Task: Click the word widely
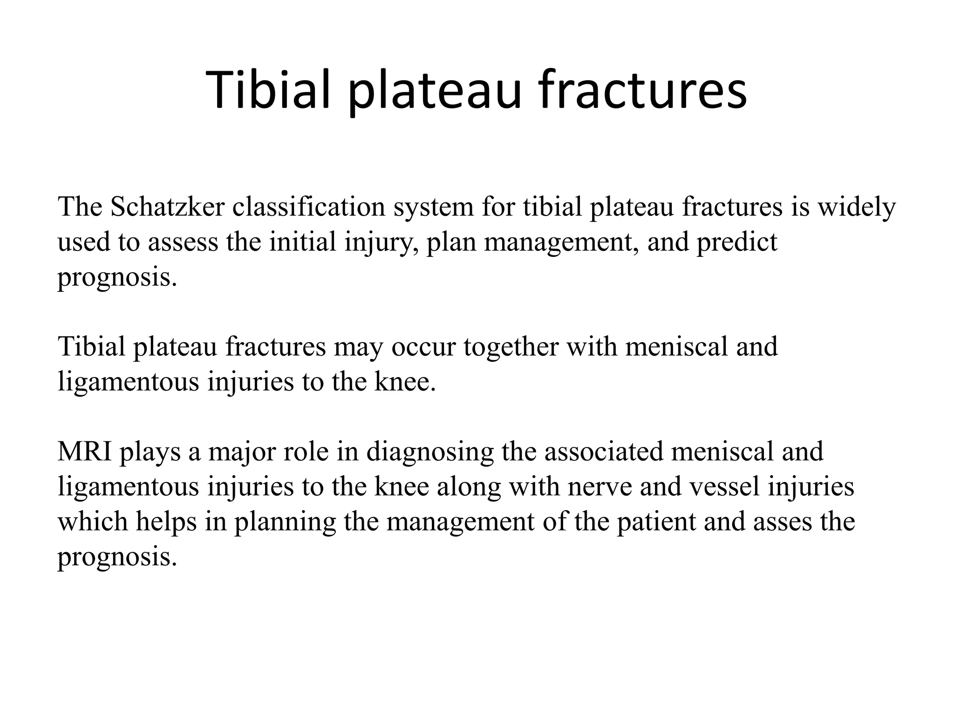pyautogui.click(x=857, y=208)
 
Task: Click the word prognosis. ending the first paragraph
pyautogui.click(x=117, y=278)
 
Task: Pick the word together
pyautogui.click(x=511, y=347)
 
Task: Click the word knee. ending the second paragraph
pyautogui.click(x=405, y=382)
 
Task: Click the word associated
pyautogui.click(x=603, y=452)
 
